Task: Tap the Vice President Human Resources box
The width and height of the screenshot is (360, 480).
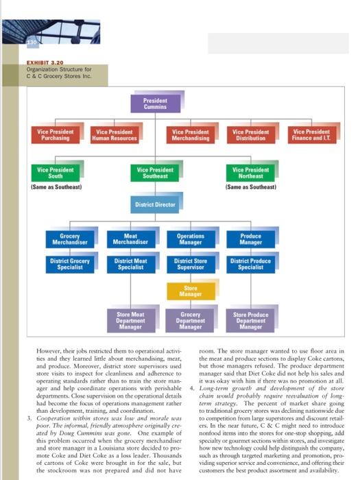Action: click(x=114, y=135)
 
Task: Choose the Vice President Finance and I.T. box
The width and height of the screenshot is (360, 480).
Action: click(x=311, y=135)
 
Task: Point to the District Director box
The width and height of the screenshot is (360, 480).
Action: click(x=156, y=205)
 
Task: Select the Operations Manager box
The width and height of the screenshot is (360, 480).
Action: click(x=190, y=239)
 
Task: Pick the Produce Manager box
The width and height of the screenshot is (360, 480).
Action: click(x=250, y=239)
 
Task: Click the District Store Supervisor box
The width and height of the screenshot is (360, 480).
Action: click(x=190, y=264)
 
